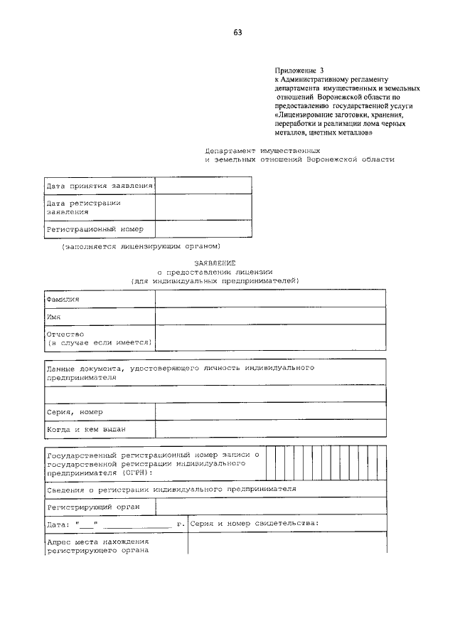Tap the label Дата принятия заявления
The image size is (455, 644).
pyautogui.click(x=100, y=186)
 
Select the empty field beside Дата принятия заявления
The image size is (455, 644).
pyautogui.click(x=203, y=186)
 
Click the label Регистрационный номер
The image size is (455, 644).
pyautogui.click(x=95, y=229)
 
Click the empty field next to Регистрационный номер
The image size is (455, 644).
pyautogui.click(x=203, y=229)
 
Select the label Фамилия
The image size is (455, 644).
pyautogui.click(x=63, y=299)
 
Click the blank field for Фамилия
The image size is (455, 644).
pyautogui.click(x=270, y=299)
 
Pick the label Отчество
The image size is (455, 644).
pyautogui.click(x=65, y=334)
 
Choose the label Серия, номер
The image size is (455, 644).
pyautogui.click(x=75, y=411)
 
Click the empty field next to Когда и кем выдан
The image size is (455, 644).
pyautogui.click(x=270, y=429)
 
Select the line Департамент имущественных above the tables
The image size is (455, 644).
pyautogui.click(x=262, y=151)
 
